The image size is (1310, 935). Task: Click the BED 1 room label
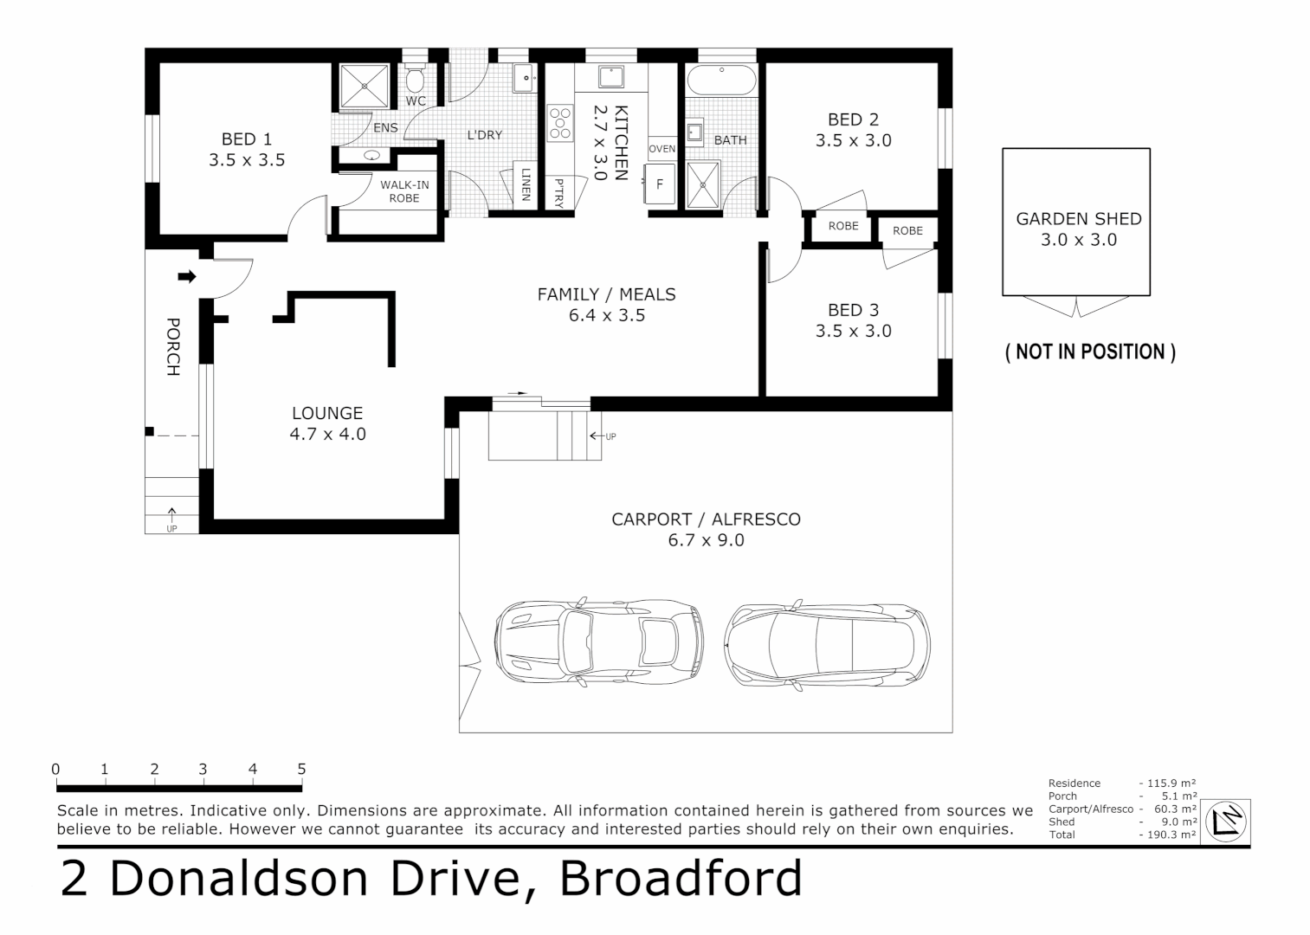pos(247,139)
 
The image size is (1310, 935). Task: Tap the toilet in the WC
pos(416,81)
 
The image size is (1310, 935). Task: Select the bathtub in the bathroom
pos(721,81)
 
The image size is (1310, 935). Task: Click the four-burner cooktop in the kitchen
pos(560,122)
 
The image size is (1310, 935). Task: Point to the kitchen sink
pos(611,77)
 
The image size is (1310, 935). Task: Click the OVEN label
pos(661,149)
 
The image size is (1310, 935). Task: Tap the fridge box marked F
pos(660,184)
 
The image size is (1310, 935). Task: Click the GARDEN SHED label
pos(1078,219)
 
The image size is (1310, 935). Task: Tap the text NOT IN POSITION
pos(1090,351)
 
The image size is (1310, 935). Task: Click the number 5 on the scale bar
pos(301,769)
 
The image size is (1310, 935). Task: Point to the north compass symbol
pos(1228,820)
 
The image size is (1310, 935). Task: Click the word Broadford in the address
pos(681,879)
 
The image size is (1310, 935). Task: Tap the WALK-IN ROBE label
pos(403,191)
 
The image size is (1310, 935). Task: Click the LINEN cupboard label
pos(525,184)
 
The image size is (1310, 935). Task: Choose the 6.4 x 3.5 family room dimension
pos(606,316)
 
